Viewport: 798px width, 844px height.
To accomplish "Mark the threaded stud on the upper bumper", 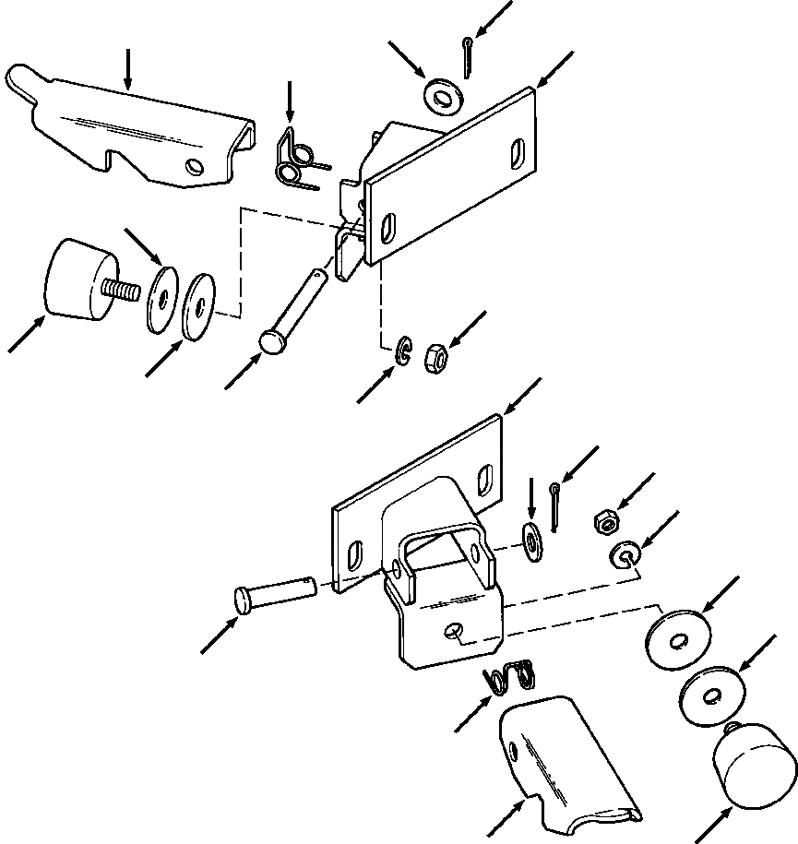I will [121, 289].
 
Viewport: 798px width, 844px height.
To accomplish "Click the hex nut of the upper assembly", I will [435, 355].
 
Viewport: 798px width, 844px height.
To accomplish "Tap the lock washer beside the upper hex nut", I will [403, 351].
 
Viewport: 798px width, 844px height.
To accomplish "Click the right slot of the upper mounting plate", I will [517, 152].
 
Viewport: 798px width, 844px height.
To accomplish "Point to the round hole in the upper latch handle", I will [195, 166].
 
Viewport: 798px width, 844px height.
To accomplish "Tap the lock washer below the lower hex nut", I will [624, 555].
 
